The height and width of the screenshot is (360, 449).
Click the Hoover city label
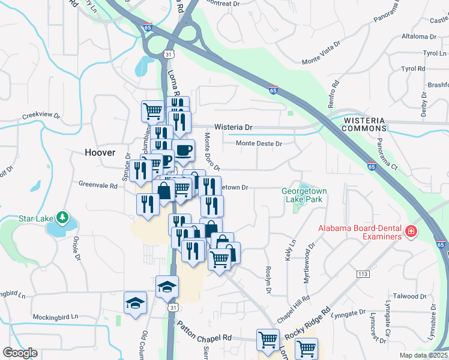tap(100, 152)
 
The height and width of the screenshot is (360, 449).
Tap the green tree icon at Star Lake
tap(62, 216)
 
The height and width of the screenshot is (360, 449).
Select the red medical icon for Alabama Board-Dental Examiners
tap(411, 231)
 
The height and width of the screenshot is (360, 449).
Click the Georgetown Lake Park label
tap(304, 196)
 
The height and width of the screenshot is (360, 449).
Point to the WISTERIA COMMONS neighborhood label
tap(364, 124)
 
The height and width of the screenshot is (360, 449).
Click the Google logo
tap(20, 353)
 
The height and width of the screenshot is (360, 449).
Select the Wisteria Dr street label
tap(234, 128)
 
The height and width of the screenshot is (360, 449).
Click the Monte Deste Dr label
tap(259, 143)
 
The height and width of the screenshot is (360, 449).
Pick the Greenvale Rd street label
tap(98, 185)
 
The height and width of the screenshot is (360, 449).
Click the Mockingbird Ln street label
tap(55, 316)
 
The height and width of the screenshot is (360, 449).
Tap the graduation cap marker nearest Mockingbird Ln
tap(136, 303)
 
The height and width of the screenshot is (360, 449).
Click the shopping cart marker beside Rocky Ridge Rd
tap(306, 348)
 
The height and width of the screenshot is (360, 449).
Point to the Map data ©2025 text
tap(424, 355)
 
